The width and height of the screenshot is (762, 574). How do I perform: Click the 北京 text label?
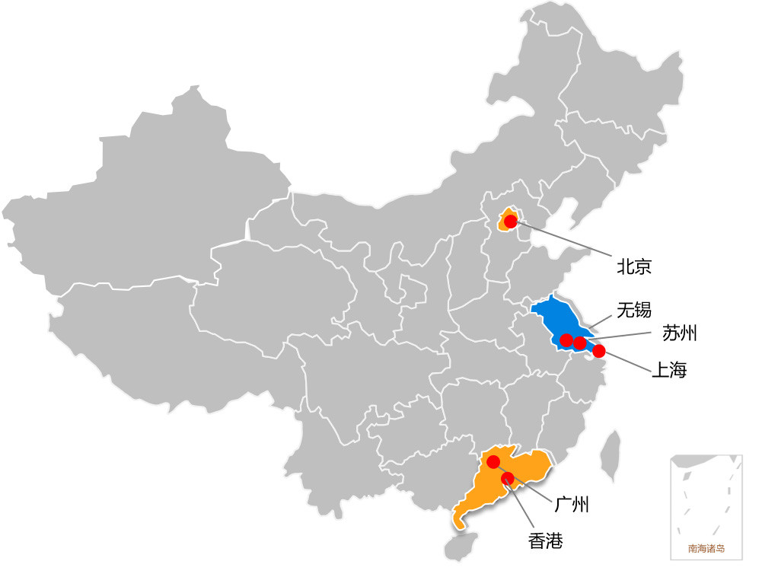pos(634,266)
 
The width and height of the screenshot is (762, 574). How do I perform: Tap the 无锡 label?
pos(633,310)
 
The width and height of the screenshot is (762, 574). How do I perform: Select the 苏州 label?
pos(679,333)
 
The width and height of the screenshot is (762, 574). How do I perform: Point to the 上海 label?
pos(669,371)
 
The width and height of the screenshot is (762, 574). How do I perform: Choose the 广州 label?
pos(572,504)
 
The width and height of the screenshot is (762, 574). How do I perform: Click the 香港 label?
pos(546,541)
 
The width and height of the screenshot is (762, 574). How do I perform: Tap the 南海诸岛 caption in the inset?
pos(706,548)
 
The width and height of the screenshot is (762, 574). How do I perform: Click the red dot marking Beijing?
pos(510,221)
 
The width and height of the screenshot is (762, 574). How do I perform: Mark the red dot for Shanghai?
pos(599,351)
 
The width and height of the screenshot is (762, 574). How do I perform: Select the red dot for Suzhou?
pos(580,343)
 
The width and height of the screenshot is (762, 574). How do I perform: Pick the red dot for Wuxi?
pos(566,340)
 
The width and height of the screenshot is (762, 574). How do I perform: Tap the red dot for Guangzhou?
pos(493,461)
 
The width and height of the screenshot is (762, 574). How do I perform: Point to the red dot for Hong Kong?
pos(507,477)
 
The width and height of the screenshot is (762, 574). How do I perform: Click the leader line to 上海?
pos(624,361)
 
